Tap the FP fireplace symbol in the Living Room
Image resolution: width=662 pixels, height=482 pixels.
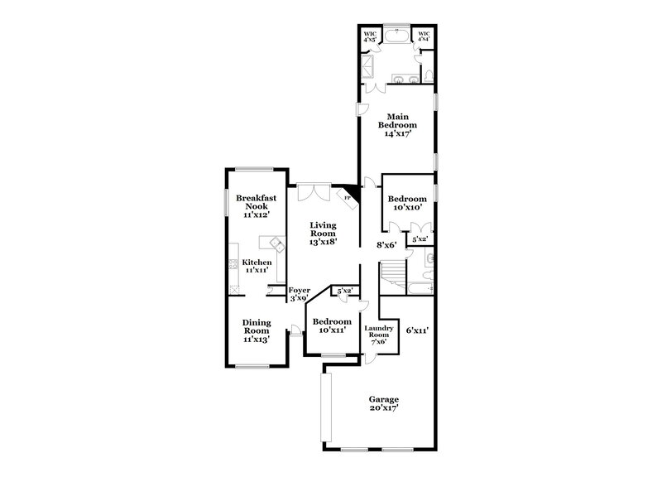point(348,199)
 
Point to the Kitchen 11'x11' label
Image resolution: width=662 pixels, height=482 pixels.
point(257,266)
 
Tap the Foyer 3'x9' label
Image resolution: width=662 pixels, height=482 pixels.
point(299,294)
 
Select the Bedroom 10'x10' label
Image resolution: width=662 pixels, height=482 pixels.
point(407,203)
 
